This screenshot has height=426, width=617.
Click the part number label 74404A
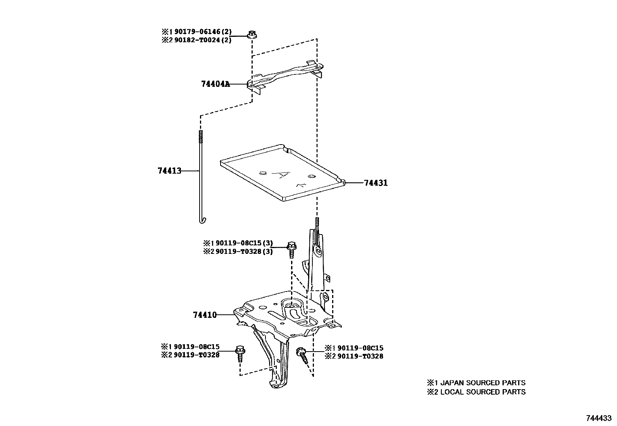point(215,84)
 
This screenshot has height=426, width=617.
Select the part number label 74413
point(169,171)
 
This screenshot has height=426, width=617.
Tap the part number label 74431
point(376,183)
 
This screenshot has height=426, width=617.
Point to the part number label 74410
point(205,315)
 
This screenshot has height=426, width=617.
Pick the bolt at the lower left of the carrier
point(240,353)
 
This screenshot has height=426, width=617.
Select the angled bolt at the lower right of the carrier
point(303,355)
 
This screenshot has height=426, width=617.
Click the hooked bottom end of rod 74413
point(202,221)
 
